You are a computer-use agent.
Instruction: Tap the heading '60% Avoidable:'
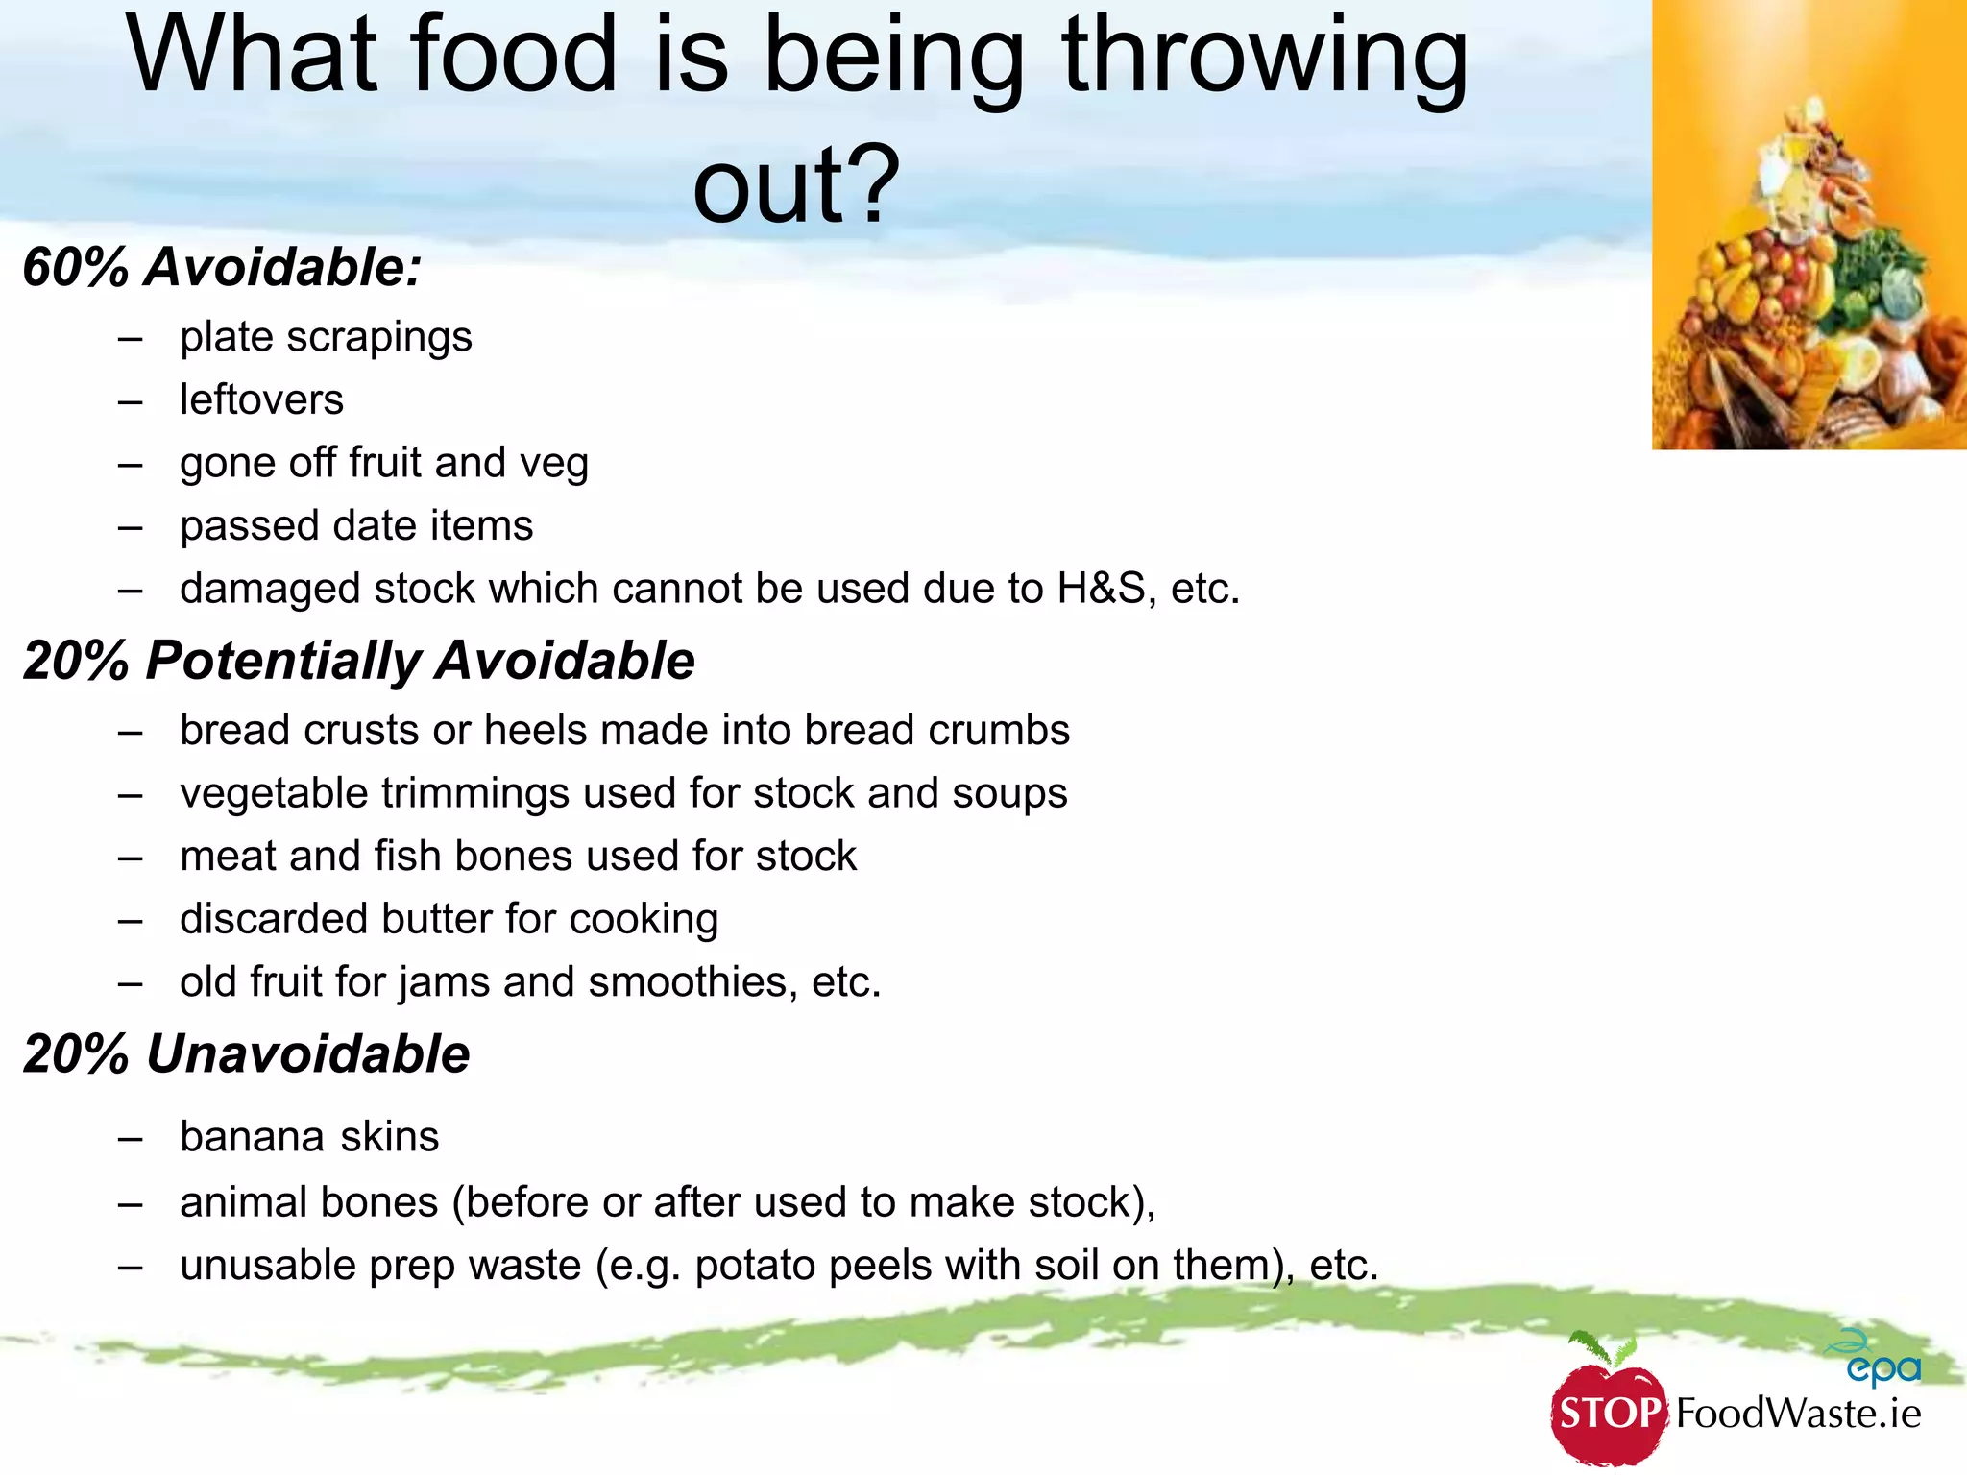click(x=222, y=267)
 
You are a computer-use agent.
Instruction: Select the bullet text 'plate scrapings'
click(x=326, y=337)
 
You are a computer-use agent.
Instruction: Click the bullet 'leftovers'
click(x=261, y=399)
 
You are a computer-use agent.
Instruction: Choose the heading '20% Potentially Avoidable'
click(x=358, y=661)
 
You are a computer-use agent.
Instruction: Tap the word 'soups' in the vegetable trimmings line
click(x=1009, y=793)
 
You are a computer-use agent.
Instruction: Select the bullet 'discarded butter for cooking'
click(x=449, y=919)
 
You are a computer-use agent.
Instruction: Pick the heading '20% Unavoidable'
click(x=246, y=1054)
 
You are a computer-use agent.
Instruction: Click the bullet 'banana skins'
click(x=309, y=1137)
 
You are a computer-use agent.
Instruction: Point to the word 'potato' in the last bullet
click(x=754, y=1266)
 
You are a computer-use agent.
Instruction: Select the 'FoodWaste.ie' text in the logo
click(x=1798, y=1414)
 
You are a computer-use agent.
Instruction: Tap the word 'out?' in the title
click(x=796, y=184)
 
